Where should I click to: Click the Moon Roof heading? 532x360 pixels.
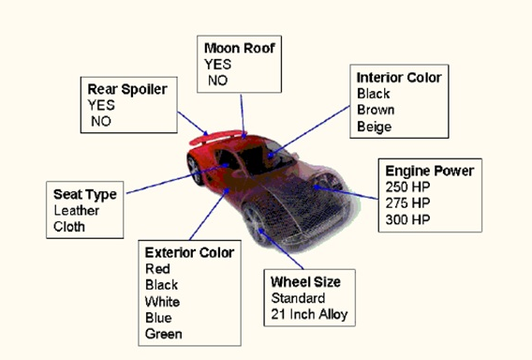click(239, 48)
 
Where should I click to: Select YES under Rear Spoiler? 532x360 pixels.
click(101, 105)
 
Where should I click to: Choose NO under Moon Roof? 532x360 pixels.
click(217, 81)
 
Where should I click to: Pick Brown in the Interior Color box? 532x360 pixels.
click(376, 110)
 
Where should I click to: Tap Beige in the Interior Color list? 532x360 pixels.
click(375, 127)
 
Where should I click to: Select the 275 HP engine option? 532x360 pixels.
click(407, 203)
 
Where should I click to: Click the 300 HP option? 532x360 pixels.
click(407, 219)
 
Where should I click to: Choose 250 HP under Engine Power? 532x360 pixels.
click(407, 187)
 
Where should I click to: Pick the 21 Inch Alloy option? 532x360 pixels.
click(309, 314)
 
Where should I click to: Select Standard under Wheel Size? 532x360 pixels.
click(298, 298)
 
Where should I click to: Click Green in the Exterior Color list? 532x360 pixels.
click(164, 334)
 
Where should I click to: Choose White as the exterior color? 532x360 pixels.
click(162, 301)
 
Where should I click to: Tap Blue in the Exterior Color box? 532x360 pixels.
click(158, 318)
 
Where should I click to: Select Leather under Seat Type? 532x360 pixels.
click(77, 211)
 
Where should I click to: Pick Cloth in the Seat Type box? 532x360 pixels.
click(69, 227)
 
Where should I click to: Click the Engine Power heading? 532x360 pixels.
click(430, 171)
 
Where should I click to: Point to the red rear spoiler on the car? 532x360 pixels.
click(217, 137)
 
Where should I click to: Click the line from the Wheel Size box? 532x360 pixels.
click(281, 249)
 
